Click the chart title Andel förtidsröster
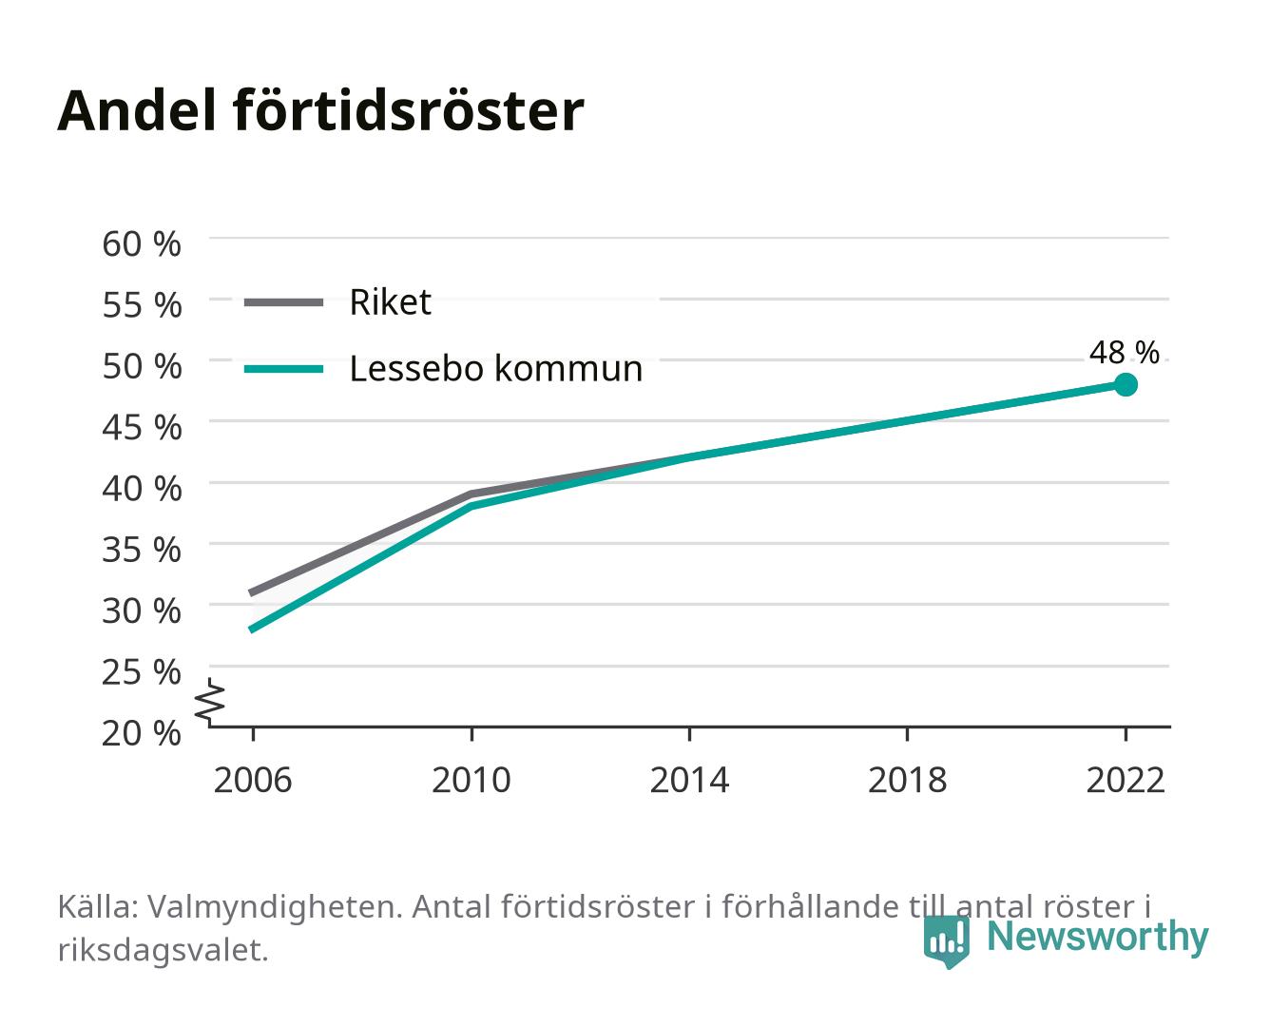[x=320, y=111]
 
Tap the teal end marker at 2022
[x=1126, y=385]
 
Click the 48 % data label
[x=1124, y=352]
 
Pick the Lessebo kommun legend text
[x=496, y=368]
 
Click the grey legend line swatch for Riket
[x=284, y=302]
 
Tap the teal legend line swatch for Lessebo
[x=284, y=369]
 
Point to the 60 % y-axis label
[x=142, y=244]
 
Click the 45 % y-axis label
[x=142, y=428]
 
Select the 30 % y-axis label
[x=142, y=610]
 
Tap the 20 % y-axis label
[x=142, y=733]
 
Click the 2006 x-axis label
[x=253, y=780]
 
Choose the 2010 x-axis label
[x=471, y=780]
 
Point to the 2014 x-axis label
[x=689, y=780]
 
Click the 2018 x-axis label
[x=907, y=780]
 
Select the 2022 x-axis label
[x=1126, y=780]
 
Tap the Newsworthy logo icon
[x=946, y=941]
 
